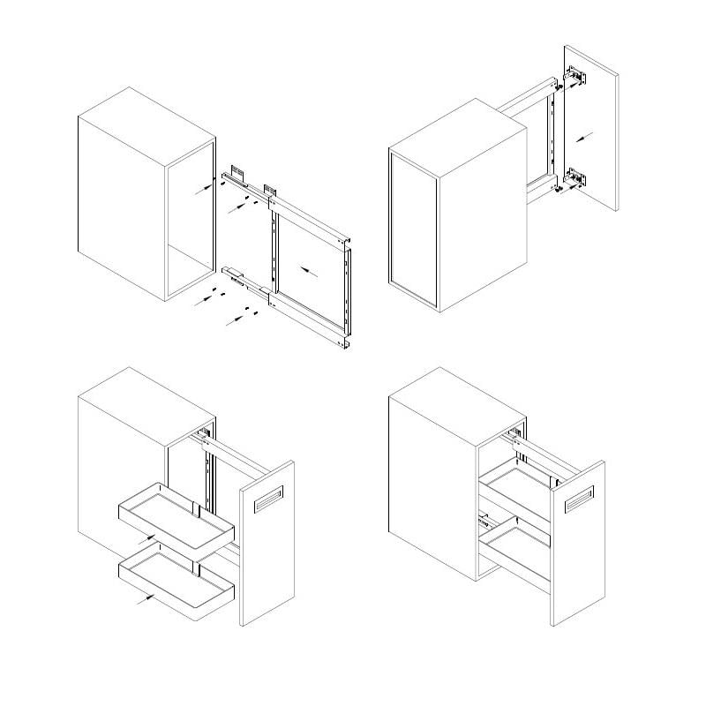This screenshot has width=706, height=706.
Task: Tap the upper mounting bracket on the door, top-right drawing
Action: [x=575, y=78]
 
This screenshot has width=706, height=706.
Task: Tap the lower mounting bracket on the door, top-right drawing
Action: [x=574, y=177]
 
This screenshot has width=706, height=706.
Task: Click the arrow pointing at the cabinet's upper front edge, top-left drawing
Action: [x=203, y=185]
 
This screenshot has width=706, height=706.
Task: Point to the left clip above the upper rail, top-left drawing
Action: [x=237, y=169]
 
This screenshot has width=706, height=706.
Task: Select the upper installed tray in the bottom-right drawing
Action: [x=516, y=484]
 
